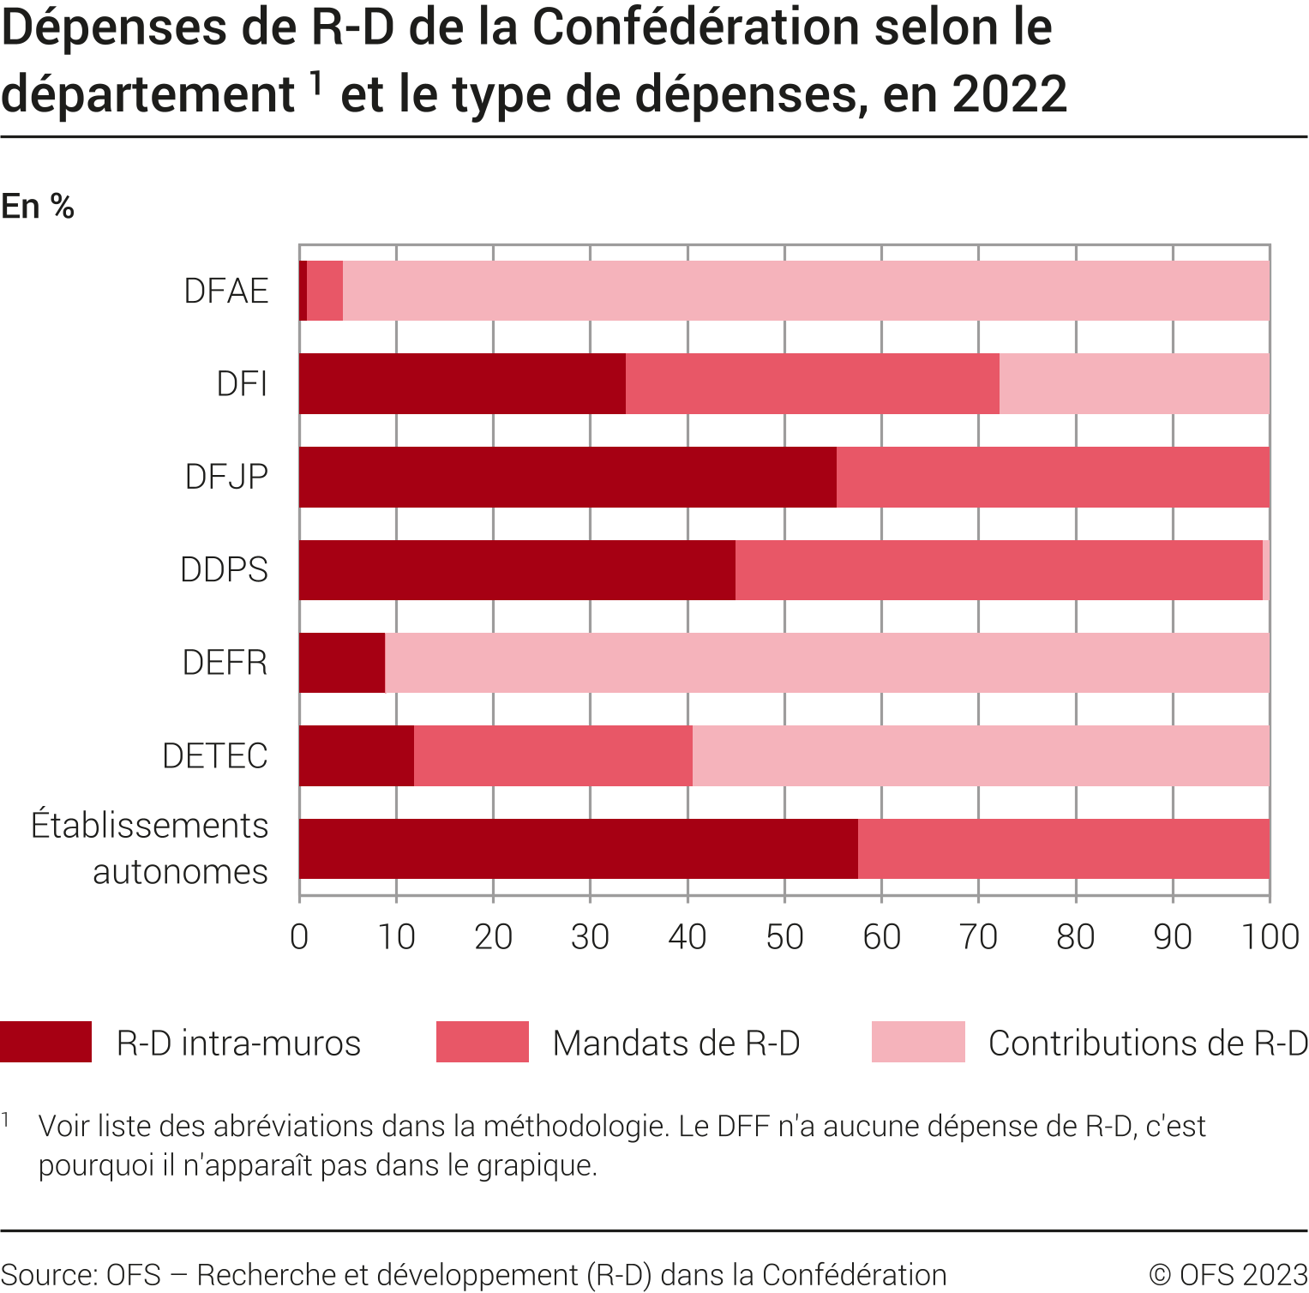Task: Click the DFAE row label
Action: click(226, 292)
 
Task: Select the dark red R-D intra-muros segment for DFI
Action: click(462, 384)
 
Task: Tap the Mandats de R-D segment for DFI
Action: click(812, 384)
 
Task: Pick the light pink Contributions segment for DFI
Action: click(1134, 384)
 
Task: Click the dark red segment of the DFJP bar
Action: click(567, 477)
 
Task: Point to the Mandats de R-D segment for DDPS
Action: click(999, 570)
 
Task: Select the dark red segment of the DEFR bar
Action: click(342, 663)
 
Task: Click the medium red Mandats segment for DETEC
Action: click(553, 756)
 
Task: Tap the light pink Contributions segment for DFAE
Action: click(806, 292)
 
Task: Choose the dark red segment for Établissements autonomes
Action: click(579, 849)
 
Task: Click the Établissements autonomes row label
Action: click(150, 849)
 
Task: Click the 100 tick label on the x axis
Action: click(1270, 936)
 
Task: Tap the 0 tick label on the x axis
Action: click(299, 936)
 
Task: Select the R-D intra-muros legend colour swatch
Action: click(46, 1042)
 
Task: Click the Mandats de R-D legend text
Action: click(676, 1043)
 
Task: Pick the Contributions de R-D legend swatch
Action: click(918, 1042)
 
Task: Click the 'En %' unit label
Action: click(38, 207)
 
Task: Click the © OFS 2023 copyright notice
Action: click(1228, 1275)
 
